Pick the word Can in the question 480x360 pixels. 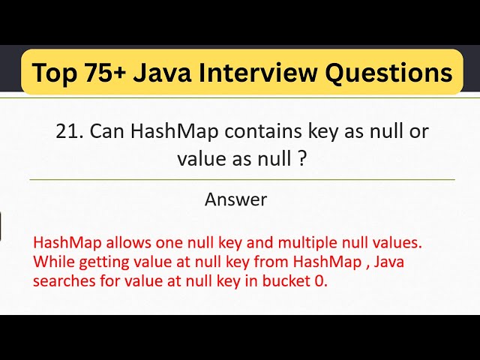[106, 130]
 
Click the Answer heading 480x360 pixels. [235, 199]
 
